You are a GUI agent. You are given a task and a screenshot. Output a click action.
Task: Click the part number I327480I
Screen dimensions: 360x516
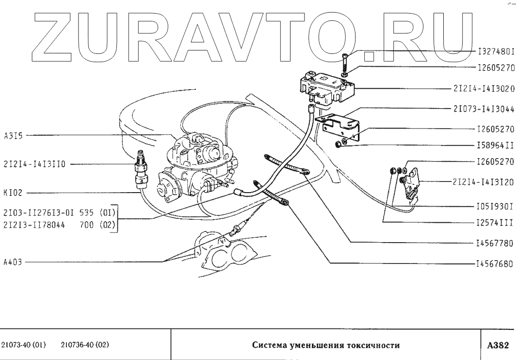[x=496, y=50]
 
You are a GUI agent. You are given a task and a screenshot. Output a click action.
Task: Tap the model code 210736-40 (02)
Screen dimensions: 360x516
[x=85, y=345]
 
